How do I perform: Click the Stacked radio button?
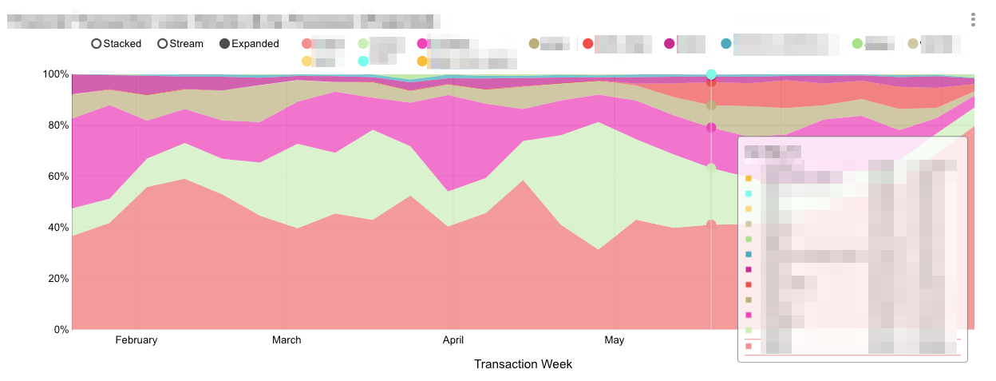coord(97,44)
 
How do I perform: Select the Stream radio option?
coord(163,44)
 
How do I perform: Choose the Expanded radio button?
coord(224,44)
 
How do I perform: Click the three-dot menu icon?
coord(973,19)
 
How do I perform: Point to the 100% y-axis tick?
coord(55,74)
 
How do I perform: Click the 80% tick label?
coord(57,125)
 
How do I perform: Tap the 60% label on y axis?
coord(57,177)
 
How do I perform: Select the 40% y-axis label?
coord(57,228)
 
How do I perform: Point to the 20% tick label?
coord(57,279)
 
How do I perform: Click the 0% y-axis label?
coord(61,329)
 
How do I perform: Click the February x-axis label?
coord(136,340)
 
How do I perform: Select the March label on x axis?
coord(287,340)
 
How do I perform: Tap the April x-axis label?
coord(453,340)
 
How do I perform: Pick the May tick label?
coord(615,340)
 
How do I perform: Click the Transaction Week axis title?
coord(523,364)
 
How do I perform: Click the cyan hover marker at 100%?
coord(711,74)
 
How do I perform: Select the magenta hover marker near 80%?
coord(711,128)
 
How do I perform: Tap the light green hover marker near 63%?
coord(711,169)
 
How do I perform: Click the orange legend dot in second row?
coord(422,62)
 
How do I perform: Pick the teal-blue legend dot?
coord(725,43)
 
